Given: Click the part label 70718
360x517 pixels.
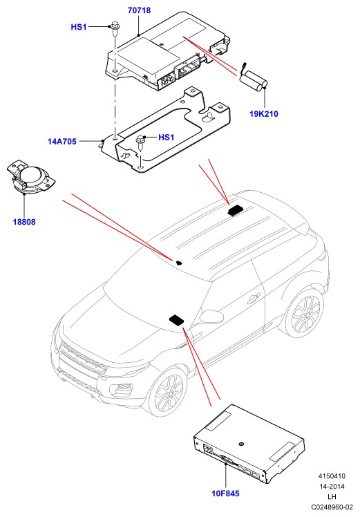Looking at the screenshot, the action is coord(139,10).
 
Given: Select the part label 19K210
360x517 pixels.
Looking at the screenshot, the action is coord(264,114).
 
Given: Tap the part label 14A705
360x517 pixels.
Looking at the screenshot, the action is coord(62,142).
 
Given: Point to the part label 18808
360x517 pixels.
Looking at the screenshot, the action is coord(24,222).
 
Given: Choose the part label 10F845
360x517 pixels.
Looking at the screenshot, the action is coord(225,493).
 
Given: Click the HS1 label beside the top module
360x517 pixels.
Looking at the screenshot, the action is coord(79,27).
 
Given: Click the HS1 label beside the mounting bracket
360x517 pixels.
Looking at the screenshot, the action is coord(166,137).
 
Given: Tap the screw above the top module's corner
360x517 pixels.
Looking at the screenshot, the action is coord(115,29).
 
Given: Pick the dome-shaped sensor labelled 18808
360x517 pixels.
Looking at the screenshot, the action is coord(30,178).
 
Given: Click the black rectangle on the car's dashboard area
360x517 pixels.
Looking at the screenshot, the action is coord(177,320).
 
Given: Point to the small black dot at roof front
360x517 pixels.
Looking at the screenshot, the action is coord(180,263).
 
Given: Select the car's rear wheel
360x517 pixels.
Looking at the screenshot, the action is coord(305,312).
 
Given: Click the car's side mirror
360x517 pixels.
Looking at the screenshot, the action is coord(212,317).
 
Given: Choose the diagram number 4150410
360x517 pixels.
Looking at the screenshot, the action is coord(332,476).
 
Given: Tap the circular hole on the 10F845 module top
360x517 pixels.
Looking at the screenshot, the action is coord(242,444).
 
